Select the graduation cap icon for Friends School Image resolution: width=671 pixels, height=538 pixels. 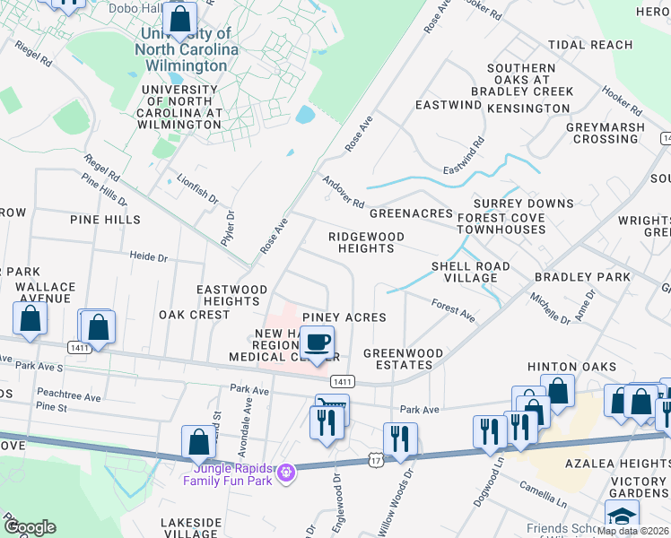pyautogui.click(x=622, y=516)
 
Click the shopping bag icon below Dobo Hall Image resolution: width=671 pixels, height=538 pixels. pyautogui.click(x=180, y=19)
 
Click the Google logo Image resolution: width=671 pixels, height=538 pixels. pyautogui.click(x=29, y=527)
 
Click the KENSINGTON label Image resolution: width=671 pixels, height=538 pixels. pyautogui.click(x=528, y=108)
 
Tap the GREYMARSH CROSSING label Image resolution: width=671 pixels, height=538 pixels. pyautogui.click(x=606, y=133)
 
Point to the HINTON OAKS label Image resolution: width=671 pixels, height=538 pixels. pyautogui.click(x=571, y=367)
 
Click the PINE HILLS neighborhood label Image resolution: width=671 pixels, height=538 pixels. pyautogui.click(x=105, y=219)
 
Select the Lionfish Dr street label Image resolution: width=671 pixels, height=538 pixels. pyautogui.click(x=197, y=188)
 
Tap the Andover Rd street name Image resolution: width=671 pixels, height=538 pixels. pyautogui.click(x=343, y=191)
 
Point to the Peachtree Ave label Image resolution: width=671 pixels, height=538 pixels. pyautogui.click(x=69, y=393)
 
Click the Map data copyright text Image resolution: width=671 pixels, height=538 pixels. pyautogui.click(x=632, y=531)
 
